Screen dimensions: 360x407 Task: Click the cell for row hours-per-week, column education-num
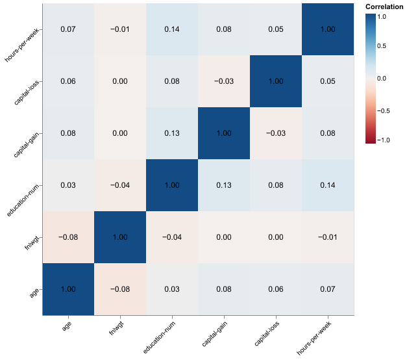coord(172,29)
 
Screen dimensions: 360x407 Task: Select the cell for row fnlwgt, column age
coord(68,237)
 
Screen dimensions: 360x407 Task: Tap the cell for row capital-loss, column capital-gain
coord(224,81)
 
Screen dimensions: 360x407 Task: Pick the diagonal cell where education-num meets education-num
coord(172,185)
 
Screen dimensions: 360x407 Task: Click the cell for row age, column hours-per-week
coord(328,289)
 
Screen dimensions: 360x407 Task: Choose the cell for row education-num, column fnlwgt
coord(120,185)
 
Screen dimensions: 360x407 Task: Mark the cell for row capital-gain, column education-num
coord(172,133)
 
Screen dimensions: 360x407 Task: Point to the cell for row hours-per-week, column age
coord(68,29)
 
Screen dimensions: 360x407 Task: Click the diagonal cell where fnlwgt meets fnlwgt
coord(120,237)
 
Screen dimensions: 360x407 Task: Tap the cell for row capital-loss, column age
coord(68,81)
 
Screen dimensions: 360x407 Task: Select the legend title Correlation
coord(384,6)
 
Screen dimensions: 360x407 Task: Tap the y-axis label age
coord(35,293)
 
